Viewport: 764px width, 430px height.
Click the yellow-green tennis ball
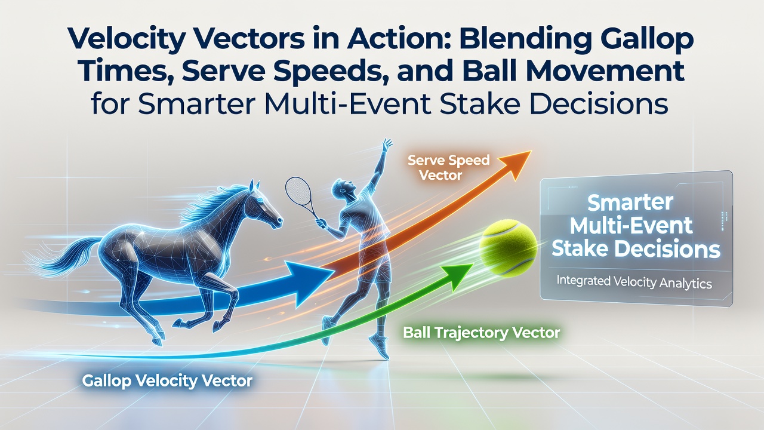coord(507,248)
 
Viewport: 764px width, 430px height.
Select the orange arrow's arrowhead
coord(515,164)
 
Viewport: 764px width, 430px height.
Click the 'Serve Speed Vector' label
coord(448,168)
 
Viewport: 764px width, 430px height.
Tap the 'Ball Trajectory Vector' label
coord(481,333)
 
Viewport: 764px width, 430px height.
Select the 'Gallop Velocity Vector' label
coord(167,380)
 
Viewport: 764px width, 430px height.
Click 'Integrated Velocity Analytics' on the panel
coord(634,282)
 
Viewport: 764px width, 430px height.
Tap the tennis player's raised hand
coord(387,145)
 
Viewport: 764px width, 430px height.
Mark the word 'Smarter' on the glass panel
coord(630,202)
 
